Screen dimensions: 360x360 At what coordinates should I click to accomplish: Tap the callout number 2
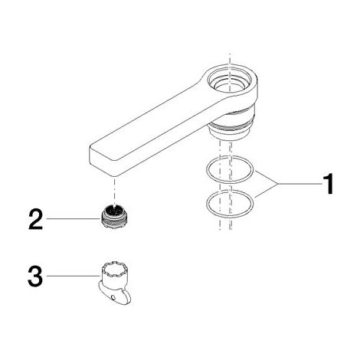point(36,219)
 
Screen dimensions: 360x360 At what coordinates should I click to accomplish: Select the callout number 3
point(35,276)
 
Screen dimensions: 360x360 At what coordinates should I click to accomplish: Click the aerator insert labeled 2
point(114,217)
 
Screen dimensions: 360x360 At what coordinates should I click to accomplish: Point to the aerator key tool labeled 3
point(115,284)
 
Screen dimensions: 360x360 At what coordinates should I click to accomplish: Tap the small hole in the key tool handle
point(113,297)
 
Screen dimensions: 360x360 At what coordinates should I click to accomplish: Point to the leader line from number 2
point(73,219)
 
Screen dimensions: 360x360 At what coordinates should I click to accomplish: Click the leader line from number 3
point(73,276)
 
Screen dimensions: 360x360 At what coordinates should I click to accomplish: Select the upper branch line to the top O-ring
point(267,177)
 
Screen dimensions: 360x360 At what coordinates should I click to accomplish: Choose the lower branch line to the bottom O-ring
point(267,191)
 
